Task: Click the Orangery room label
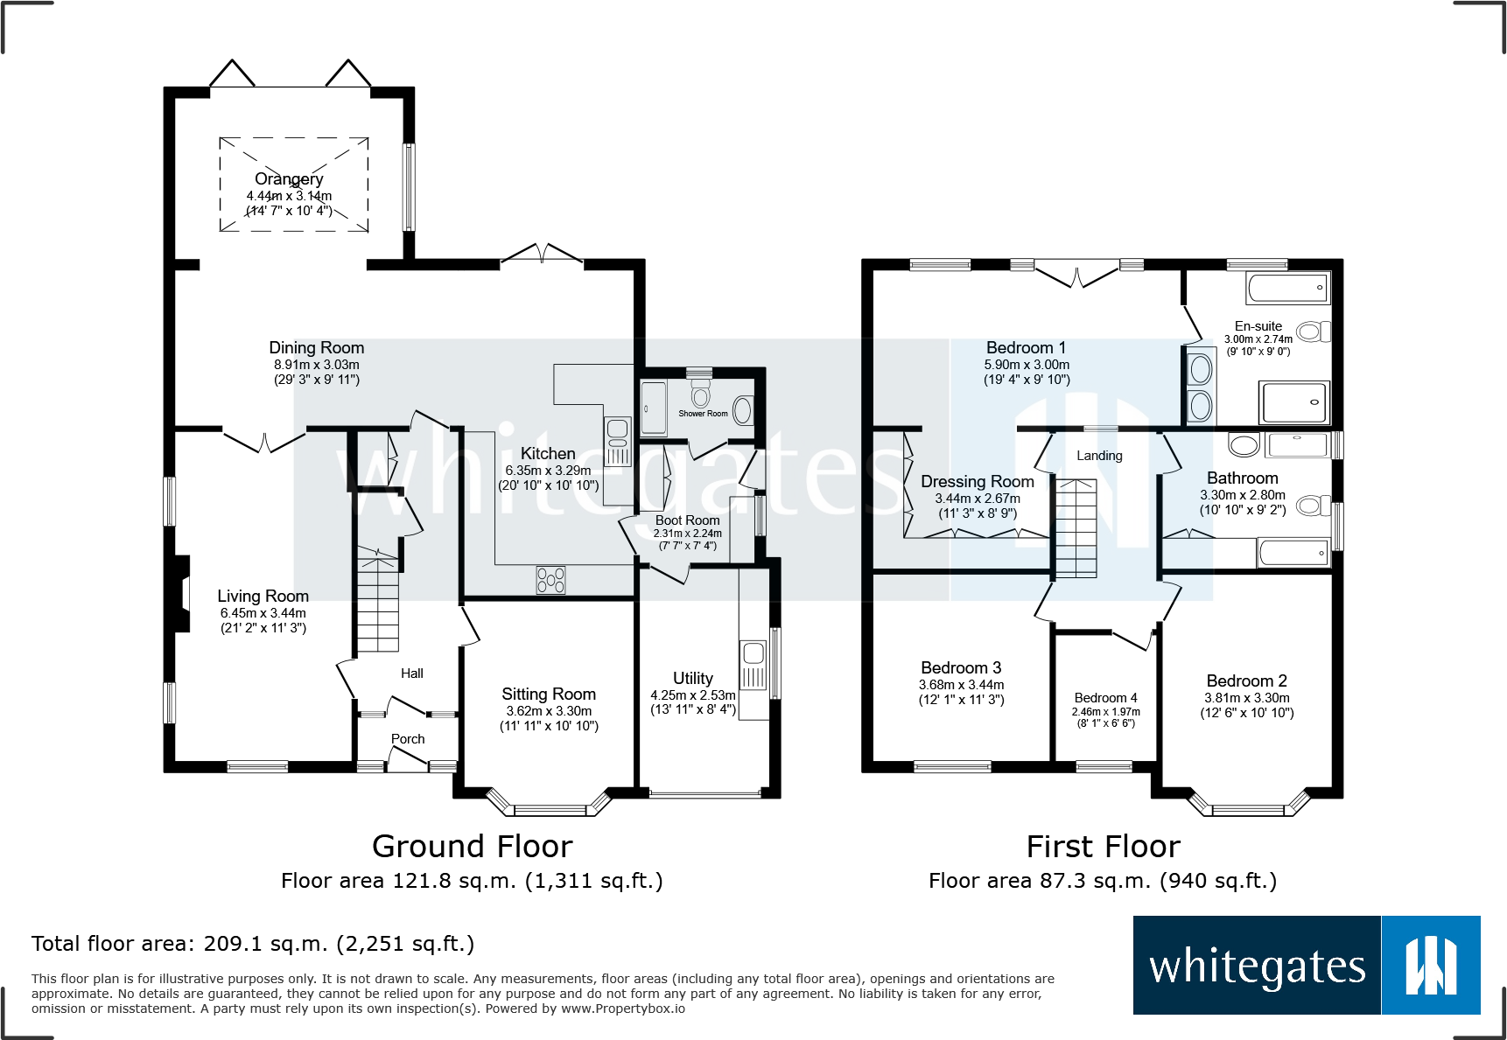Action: pyautogui.click(x=289, y=178)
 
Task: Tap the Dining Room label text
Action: pyautogui.click(x=317, y=347)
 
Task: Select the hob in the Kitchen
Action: pyautogui.click(x=550, y=580)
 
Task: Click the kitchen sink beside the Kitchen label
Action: pyautogui.click(x=617, y=442)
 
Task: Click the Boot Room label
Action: pyautogui.click(x=688, y=520)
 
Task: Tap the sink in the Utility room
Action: pyautogui.click(x=753, y=666)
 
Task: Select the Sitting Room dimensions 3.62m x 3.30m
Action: pyautogui.click(x=549, y=711)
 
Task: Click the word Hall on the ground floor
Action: pyautogui.click(x=412, y=674)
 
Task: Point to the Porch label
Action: pyautogui.click(x=408, y=739)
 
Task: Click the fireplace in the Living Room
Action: pyautogui.click(x=181, y=594)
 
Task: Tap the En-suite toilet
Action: pyautogui.click(x=1314, y=332)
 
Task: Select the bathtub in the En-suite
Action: pyautogui.click(x=1288, y=287)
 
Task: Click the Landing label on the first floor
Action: pyautogui.click(x=1099, y=456)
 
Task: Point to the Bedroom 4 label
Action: pyautogui.click(x=1106, y=698)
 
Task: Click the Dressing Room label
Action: pyautogui.click(x=978, y=481)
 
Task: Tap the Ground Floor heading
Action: pyautogui.click(x=473, y=846)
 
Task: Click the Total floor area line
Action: pyautogui.click(x=253, y=944)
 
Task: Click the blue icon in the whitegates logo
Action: pyautogui.click(x=1431, y=966)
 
